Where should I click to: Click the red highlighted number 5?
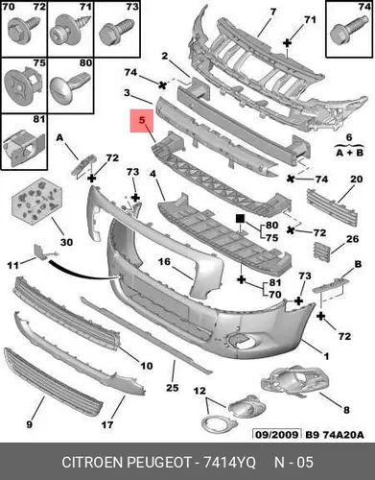[142, 120]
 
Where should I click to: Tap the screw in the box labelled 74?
[346, 33]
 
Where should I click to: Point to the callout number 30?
[66, 242]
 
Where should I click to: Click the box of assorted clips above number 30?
[36, 201]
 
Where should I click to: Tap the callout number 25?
[172, 388]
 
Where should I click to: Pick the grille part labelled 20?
[332, 207]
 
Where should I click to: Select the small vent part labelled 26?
[320, 251]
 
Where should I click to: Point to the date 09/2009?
[277, 434]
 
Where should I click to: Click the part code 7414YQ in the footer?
[229, 463]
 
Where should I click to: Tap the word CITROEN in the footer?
[93, 463]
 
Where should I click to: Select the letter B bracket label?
[358, 264]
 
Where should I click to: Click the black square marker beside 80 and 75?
[240, 219]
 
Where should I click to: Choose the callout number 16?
[165, 262]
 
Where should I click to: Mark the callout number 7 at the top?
[272, 12]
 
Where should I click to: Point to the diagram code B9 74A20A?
[335, 435]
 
